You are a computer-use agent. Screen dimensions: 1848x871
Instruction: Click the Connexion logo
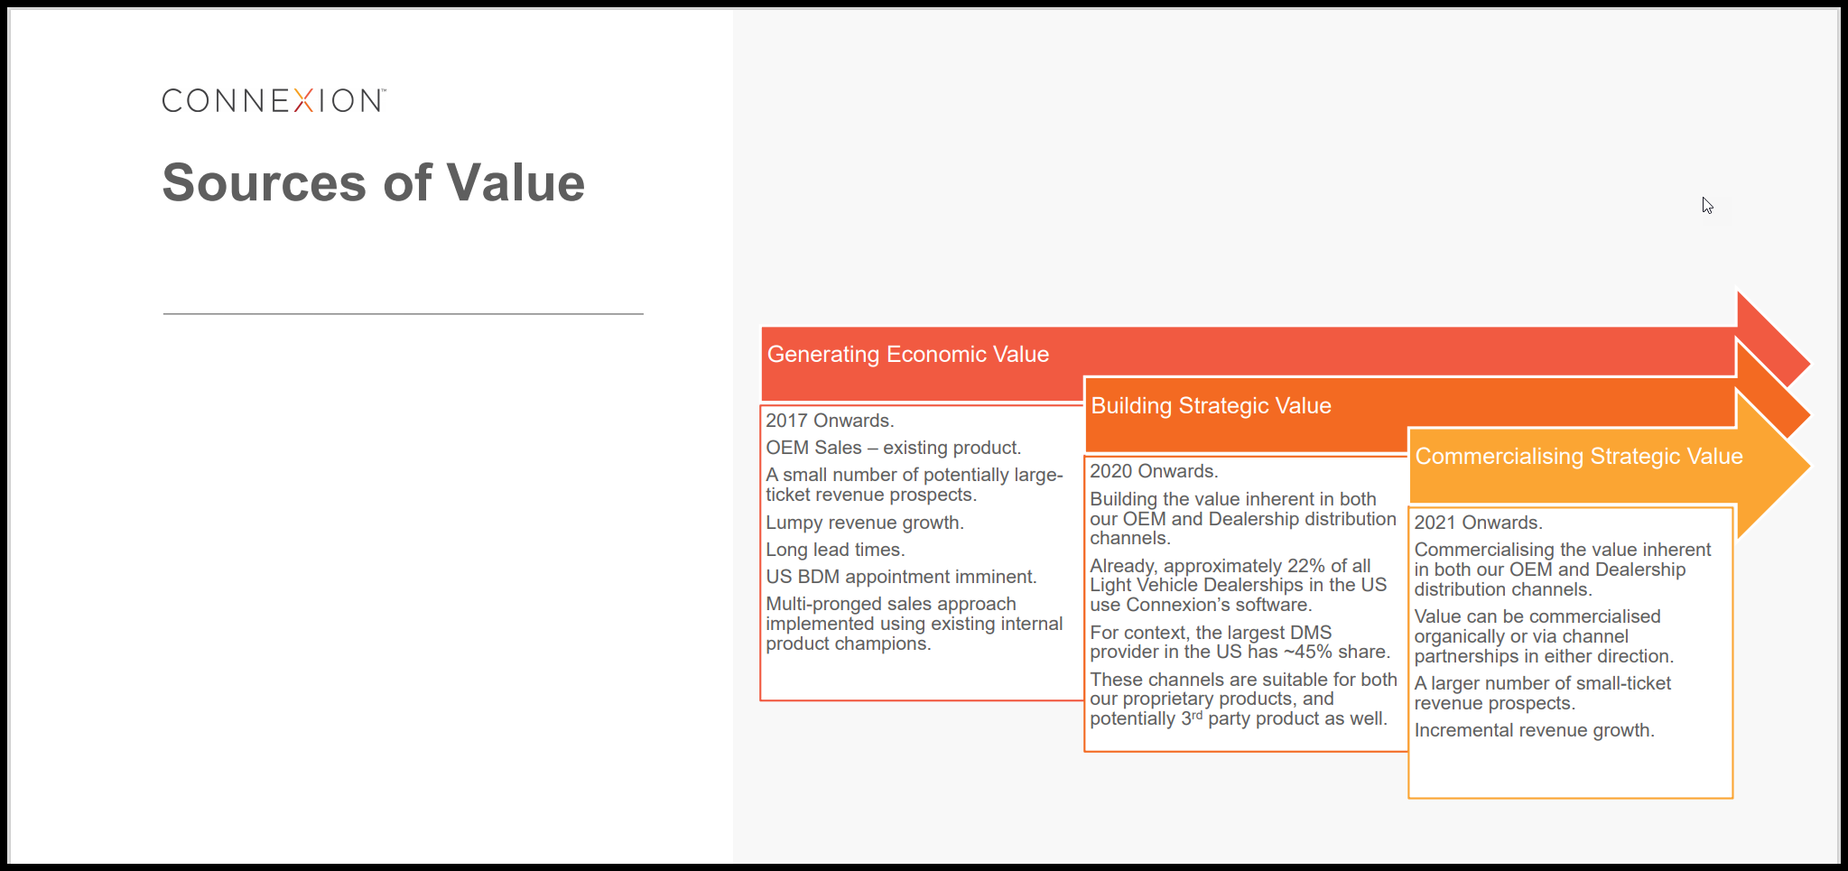point(274,100)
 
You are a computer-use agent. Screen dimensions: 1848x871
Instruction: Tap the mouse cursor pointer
point(1707,205)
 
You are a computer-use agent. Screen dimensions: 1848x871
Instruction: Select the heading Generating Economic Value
point(908,355)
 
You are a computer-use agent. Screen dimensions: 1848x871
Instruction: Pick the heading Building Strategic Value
point(1211,406)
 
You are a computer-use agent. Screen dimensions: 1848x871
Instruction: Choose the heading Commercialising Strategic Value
point(1579,457)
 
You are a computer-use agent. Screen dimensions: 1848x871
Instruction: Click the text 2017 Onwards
point(830,421)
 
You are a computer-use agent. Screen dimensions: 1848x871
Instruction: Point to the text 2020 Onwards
point(1154,471)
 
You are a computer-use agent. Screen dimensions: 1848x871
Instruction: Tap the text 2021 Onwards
point(1478,523)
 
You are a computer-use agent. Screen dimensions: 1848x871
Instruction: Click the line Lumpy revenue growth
point(865,523)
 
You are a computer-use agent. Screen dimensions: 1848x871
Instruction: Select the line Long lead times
point(835,550)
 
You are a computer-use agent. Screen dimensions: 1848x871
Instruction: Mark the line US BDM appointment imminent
point(901,577)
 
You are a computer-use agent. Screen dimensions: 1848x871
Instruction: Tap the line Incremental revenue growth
point(1534,730)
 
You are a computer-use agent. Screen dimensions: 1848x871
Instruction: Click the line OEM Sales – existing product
point(894,448)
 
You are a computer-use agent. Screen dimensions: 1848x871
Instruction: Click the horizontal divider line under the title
point(403,314)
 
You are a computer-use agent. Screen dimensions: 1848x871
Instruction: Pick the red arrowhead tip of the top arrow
point(1809,364)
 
